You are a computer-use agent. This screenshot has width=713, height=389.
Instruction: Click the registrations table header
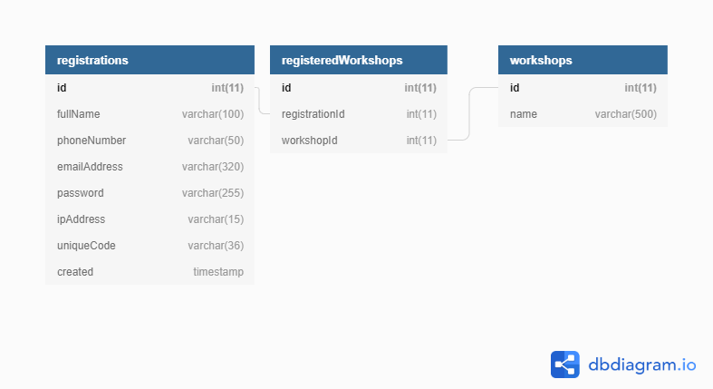(x=92, y=60)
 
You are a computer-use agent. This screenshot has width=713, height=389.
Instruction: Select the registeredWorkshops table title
(x=342, y=60)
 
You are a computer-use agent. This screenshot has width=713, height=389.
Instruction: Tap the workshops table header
(x=541, y=60)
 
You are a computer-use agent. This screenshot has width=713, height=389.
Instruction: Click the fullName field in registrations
(x=78, y=114)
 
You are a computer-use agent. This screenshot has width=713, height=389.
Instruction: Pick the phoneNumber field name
(x=92, y=141)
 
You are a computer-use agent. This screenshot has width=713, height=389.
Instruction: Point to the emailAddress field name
(x=90, y=167)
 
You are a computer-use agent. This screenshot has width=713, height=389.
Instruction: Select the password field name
(x=80, y=193)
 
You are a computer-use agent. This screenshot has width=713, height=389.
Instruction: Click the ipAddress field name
(x=81, y=219)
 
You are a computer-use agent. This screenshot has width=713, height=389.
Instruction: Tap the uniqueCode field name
(x=86, y=246)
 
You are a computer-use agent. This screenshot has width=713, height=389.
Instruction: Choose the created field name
(x=75, y=272)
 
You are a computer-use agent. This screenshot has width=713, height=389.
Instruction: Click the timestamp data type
(x=218, y=272)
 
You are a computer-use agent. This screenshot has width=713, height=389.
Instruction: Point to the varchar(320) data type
(x=213, y=167)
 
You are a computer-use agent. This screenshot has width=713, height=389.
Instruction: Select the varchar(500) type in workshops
(x=626, y=114)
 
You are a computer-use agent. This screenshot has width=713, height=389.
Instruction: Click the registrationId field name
(x=313, y=114)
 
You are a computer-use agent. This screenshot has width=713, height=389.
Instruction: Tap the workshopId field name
(x=310, y=141)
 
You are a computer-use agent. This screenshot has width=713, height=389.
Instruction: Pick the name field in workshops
(x=524, y=114)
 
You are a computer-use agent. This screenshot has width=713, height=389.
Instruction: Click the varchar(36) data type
(x=216, y=246)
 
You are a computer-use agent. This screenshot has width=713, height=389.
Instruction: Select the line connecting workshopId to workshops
(x=468, y=114)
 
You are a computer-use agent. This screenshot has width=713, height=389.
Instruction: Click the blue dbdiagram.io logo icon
(x=565, y=365)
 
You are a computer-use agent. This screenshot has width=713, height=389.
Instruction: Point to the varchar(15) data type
(x=216, y=219)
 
